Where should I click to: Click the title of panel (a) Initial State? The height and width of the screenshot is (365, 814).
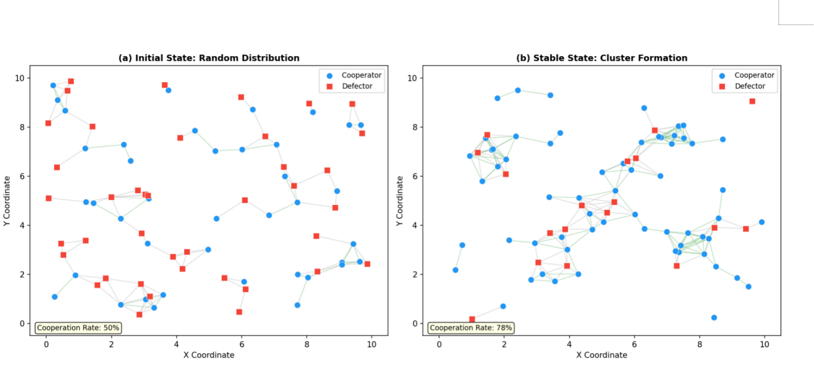(209, 58)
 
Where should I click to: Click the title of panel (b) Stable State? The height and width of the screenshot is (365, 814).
(601, 58)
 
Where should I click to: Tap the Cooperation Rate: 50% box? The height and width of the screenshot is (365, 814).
(78, 327)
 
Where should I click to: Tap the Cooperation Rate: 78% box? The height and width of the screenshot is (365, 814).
(471, 327)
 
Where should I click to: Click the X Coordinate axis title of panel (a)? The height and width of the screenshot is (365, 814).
(209, 355)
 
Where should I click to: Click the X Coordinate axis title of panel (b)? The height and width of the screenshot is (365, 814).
(602, 355)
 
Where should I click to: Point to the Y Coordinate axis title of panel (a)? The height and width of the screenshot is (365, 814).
(7, 201)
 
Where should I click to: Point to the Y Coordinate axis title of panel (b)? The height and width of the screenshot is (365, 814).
(400, 201)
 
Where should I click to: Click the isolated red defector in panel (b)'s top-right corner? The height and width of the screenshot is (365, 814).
(752, 101)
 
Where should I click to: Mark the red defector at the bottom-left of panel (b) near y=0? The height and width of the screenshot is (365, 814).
(472, 319)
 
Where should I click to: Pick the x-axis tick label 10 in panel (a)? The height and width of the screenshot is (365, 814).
(371, 344)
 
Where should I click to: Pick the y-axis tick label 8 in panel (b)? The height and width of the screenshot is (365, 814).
(415, 127)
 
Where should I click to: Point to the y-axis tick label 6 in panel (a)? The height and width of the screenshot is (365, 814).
(22, 177)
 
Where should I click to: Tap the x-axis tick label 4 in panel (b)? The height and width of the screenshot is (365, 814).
(569, 344)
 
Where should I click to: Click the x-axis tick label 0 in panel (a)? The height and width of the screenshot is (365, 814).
(46, 344)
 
